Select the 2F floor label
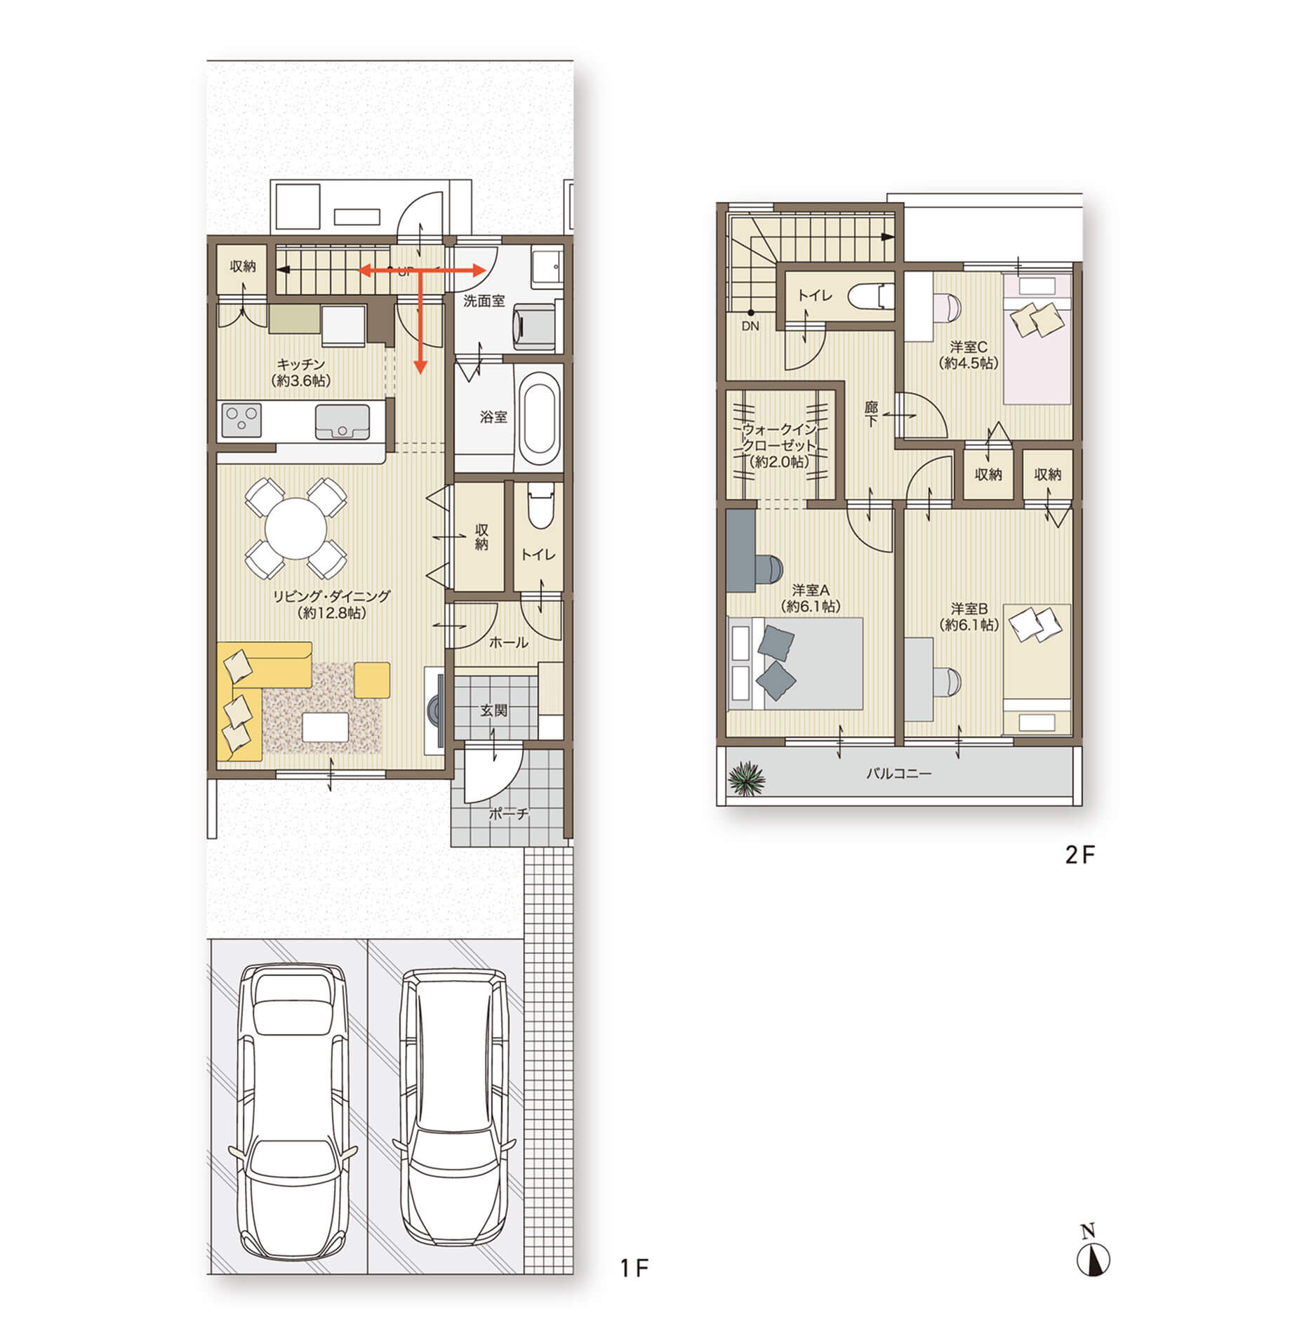pos(1080,854)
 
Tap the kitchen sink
pos(342,421)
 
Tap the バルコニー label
pos(898,774)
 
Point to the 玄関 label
pos(494,711)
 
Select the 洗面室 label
pos(484,301)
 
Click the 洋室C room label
pos(969,347)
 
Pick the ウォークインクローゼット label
pos(780,437)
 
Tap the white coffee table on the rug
pos(325,727)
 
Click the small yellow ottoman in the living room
pos(372,680)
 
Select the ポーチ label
pos(509,814)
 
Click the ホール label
pos(508,642)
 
